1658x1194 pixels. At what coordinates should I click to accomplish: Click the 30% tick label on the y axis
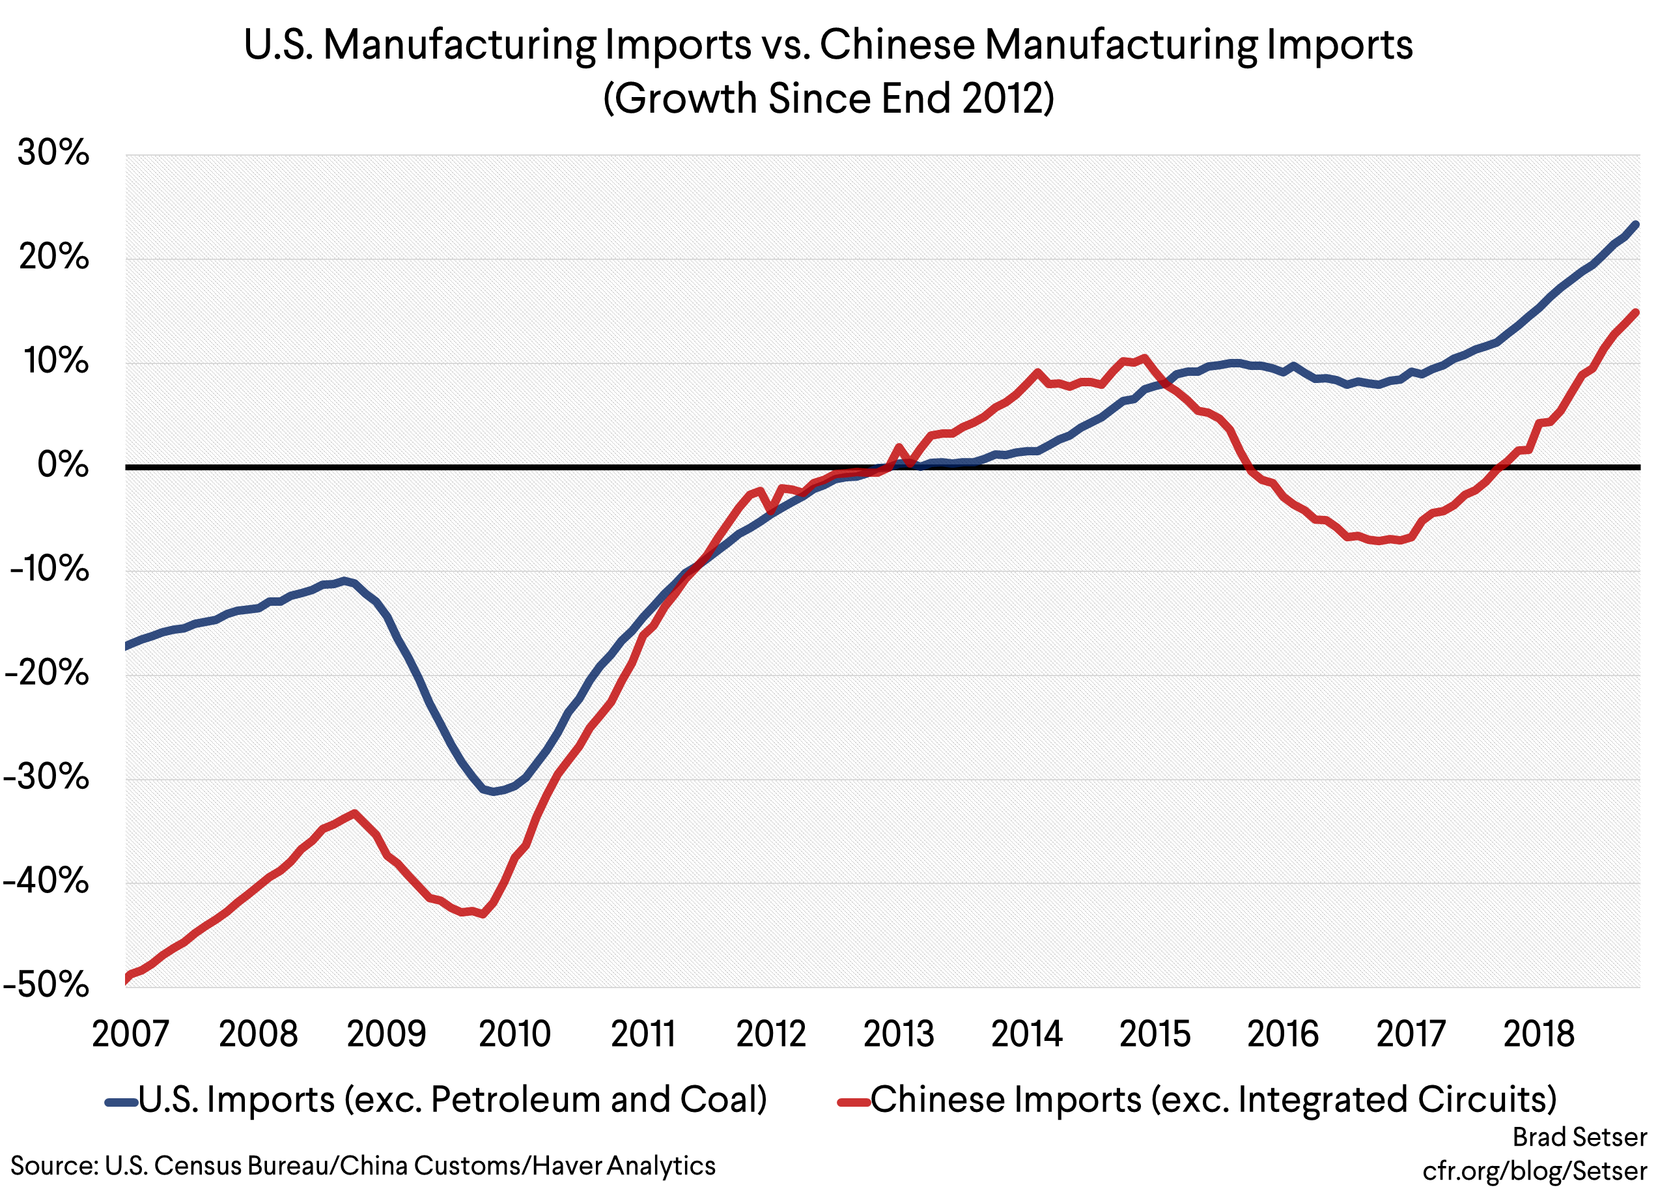tap(53, 153)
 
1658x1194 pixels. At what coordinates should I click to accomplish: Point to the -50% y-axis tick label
tap(47, 985)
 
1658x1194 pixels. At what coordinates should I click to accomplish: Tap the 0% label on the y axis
tap(63, 465)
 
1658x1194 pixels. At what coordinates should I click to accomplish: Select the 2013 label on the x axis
tap(899, 1034)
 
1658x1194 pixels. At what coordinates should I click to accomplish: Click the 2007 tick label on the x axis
tap(130, 1034)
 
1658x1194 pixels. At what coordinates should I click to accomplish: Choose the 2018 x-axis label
tap(1538, 1034)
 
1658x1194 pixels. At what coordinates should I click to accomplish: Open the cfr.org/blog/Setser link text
tap(1534, 1171)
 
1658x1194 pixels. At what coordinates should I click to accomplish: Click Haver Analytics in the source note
tap(624, 1165)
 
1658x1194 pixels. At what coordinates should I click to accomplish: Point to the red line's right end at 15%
tap(1635, 313)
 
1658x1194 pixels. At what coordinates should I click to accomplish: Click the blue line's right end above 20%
tap(1635, 225)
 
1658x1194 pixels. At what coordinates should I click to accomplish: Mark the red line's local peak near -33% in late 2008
tap(354, 813)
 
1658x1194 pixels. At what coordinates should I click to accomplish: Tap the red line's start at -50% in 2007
tap(127, 978)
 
